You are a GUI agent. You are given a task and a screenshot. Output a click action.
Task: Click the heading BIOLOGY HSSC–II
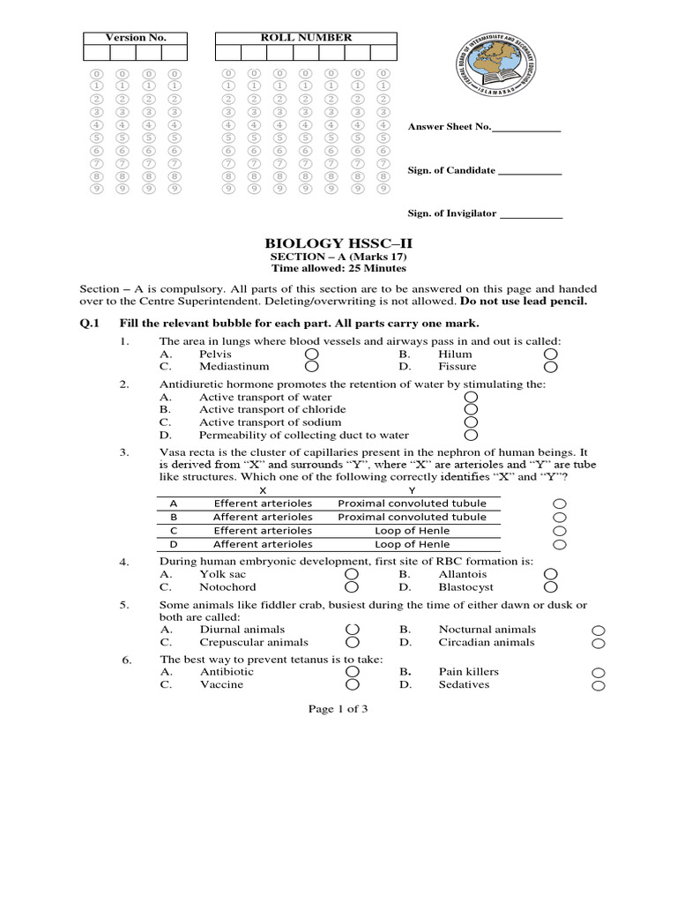(x=338, y=243)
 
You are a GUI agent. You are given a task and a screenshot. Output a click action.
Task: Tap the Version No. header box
(x=135, y=38)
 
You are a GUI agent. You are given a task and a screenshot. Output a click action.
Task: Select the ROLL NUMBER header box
(x=306, y=38)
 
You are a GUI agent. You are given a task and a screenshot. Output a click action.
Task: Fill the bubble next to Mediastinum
(x=311, y=366)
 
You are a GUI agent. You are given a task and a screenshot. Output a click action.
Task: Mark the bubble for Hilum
(x=551, y=354)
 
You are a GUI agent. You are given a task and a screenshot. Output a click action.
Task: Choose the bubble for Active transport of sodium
(x=471, y=422)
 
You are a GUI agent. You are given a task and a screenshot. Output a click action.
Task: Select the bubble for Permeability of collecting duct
(x=471, y=435)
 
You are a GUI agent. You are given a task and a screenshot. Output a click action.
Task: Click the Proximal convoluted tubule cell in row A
(x=412, y=503)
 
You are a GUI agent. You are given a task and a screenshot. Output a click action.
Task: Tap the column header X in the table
(x=262, y=489)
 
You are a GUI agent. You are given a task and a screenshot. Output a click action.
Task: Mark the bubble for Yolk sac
(x=352, y=574)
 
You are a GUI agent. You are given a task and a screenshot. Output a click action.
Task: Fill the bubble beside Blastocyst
(x=551, y=586)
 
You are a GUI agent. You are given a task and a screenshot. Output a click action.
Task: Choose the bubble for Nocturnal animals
(x=598, y=631)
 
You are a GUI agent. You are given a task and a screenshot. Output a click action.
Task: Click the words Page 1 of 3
(x=338, y=709)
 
